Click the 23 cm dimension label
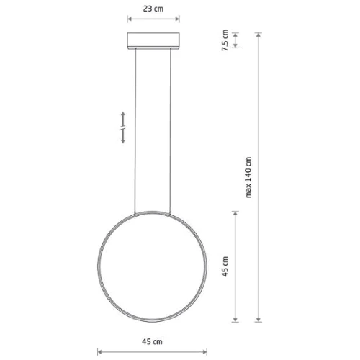click(x=153, y=9)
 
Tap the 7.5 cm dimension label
click(x=225, y=40)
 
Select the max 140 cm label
click(x=248, y=177)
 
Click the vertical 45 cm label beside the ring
click(x=225, y=266)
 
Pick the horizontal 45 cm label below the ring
click(x=152, y=341)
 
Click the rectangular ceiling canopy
click(x=153, y=40)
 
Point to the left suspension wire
click(x=135, y=131)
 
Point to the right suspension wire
click(x=171, y=131)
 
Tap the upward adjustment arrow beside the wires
click(x=123, y=119)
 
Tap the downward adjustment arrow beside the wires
click(x=123, y=136)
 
